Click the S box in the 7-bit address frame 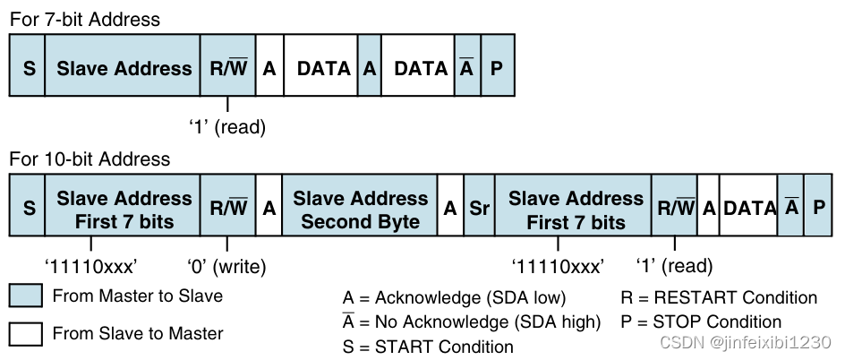point(29,68)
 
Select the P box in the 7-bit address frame point(497,68)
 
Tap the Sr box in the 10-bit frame point(479,208)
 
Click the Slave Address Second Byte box point(360,208)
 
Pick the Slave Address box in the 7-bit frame point(124,68)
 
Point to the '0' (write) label point(226,266)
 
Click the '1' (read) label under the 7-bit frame point(226,127)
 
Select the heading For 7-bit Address point(85,19)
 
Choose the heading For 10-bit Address point(90,159)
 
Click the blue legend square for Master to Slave point(26,296)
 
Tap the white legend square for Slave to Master point(26,333)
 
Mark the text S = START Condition point(428,346)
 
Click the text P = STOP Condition point(701,321)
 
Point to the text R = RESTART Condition point(719,297)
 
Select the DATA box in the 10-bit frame point(748,208)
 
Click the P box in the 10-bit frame point(818,208)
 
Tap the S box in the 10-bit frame point(29,208)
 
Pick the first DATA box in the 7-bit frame point(322,68)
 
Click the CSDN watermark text point(745,342)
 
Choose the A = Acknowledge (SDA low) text point(454,297)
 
